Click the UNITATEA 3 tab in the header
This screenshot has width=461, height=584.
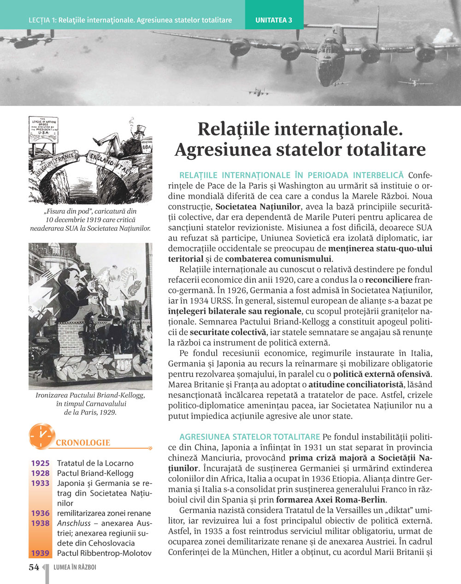[274, 20]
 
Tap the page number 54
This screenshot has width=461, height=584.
[34, 567]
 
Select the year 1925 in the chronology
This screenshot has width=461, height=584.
[40, 463]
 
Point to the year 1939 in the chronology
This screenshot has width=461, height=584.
[40, 553]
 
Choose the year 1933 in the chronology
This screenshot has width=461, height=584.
[40, 483]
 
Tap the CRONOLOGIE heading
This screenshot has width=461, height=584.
[83, 443]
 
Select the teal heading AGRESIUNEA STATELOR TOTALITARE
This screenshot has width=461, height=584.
[249, 437]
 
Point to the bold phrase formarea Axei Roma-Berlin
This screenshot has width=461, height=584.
[331, 500]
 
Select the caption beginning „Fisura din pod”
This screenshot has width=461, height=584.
[90, 219]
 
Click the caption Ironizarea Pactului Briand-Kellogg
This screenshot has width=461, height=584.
[90, 396]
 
